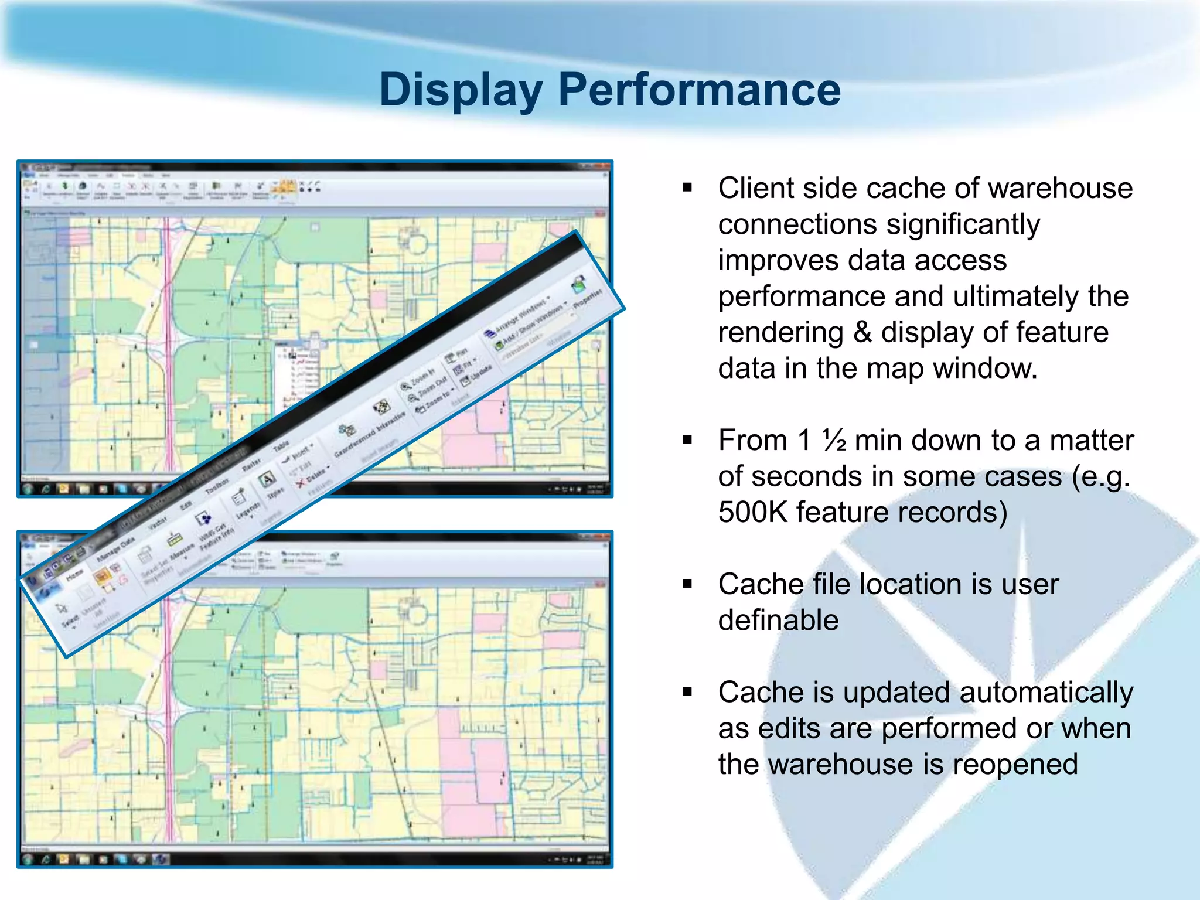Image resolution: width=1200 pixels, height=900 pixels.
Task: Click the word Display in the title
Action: pyautogui.click(x=461, y=90)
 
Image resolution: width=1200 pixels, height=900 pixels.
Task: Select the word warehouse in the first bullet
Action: pyautogui.click(x=1060, y=189)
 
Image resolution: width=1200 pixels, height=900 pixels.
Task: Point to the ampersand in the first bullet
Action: pyautogui.click(x=862, y=332)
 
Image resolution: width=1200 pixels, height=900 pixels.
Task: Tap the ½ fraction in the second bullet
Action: pyautogui.click(x=834, y=441)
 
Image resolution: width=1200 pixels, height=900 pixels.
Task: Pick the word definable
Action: pyautogui.click(x=778, y=621)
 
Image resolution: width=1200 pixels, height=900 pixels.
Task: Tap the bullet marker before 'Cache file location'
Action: pyautogui.click(x=687, y=584)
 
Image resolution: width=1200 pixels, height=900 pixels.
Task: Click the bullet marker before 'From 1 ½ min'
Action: pyautogui.click(x=687, y=440)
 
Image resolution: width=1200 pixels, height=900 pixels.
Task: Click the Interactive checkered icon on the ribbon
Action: pyautogui.click(x=382, y=406)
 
